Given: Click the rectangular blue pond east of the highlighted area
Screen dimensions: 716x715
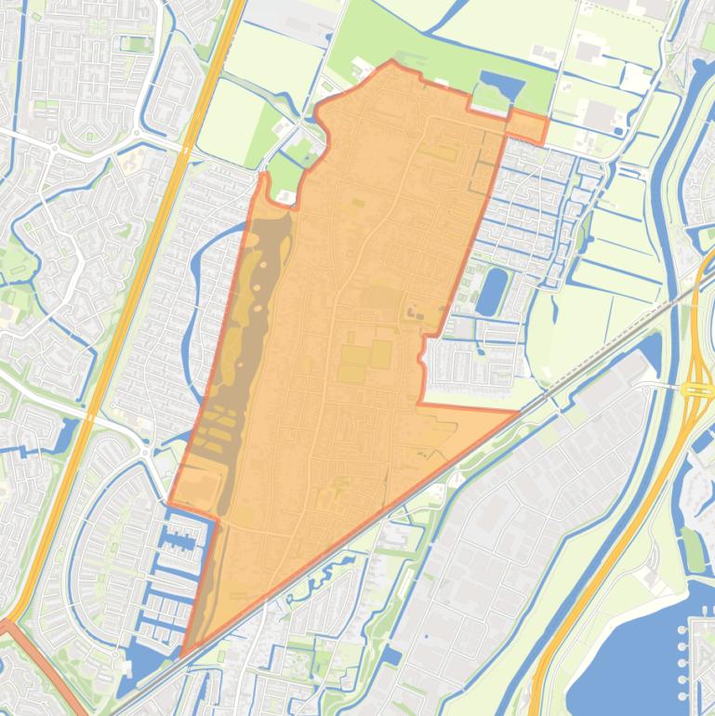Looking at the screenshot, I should pos(491,290).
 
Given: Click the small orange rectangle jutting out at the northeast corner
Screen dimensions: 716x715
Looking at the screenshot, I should pos(528,126).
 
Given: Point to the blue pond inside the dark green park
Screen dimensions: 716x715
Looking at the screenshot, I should pos(500,89).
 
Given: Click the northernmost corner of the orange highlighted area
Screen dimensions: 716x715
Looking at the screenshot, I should pos(391,62).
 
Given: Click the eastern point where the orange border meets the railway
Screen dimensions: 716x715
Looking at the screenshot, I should pos(517,411).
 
